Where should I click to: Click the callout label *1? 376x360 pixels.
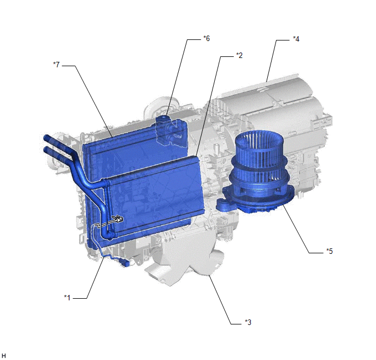tap(67, 298)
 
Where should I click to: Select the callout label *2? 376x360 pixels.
tap(239, 55)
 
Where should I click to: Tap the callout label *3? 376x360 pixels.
tap(248, 322)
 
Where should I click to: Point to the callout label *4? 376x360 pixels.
tap(296, 39)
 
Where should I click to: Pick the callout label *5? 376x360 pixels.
tap(330, 251)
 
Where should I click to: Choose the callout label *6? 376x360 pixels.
tap(207, 38)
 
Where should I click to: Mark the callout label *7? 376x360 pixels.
tap(56, 65)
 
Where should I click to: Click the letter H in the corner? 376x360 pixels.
tap(4, 356)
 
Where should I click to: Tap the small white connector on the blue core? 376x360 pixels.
tap(118, 219)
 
